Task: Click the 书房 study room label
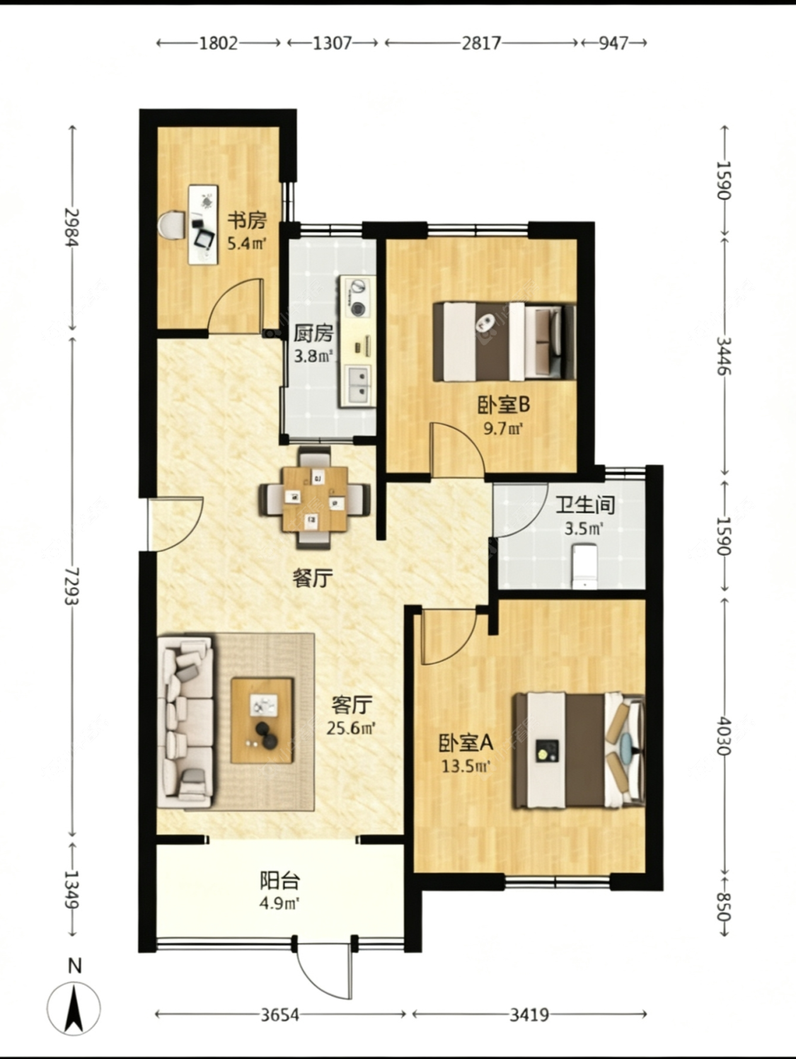point(246,220)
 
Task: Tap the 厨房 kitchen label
point(313,333)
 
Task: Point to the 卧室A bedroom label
point(466,743)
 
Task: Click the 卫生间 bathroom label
point(584,505)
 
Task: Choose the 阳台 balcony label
point(279,881)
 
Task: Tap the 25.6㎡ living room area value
point(351,727)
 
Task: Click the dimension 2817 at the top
point(481,43)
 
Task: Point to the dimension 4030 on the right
point(723,735)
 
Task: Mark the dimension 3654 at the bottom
point(280,1015)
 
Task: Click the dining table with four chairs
point(314,498)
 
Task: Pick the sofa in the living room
point(185,722)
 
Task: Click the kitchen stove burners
point(358,297)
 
